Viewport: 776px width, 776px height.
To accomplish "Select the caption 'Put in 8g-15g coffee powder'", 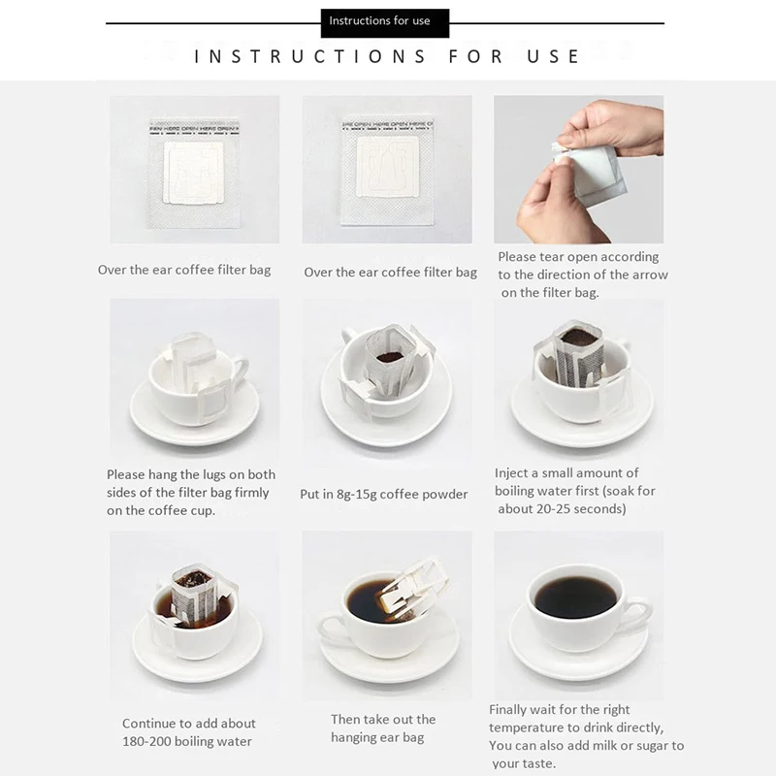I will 383,494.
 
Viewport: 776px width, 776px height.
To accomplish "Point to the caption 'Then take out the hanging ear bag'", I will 383,728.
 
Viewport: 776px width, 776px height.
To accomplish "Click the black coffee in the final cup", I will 575,597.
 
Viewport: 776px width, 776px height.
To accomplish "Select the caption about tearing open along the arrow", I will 582,275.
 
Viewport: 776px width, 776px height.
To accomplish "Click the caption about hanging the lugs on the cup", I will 190,492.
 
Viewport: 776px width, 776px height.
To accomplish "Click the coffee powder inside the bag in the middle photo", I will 390,356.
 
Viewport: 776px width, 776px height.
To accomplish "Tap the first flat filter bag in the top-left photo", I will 194,173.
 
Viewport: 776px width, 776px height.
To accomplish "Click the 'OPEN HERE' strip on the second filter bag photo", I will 386,124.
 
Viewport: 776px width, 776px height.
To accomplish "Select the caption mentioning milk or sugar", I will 586,746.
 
